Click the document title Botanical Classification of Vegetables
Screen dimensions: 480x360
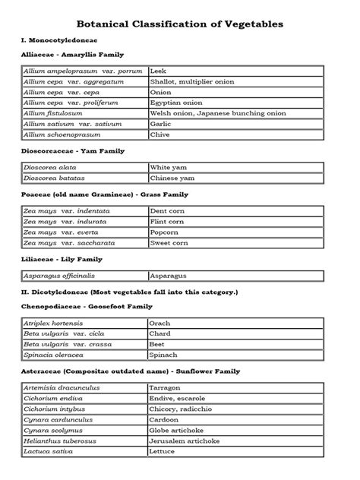coord(179,24)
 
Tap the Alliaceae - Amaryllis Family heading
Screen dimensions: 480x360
coord(73,55)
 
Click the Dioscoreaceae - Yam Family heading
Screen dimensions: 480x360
coord(73,151)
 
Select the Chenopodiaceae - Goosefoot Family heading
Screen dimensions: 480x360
coord(87,306)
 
